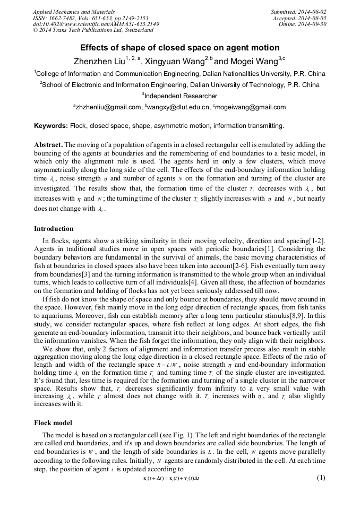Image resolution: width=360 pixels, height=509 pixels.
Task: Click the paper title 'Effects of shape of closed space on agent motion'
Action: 180,48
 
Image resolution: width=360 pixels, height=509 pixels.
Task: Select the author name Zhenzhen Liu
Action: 101,61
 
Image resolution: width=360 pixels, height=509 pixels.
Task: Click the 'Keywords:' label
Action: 50,126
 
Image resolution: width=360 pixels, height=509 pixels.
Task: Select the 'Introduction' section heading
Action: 54,229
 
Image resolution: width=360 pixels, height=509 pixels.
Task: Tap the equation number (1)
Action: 320,478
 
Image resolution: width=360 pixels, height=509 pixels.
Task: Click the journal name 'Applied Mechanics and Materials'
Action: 73,11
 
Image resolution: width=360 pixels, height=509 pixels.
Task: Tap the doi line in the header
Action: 96,24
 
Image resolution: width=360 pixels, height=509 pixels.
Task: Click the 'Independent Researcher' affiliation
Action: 181,96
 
